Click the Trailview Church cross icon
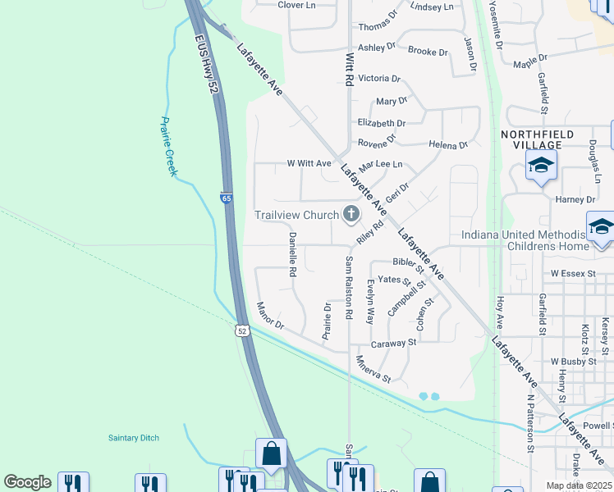click(x=351, y=215)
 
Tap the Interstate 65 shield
click(x=226, y=198)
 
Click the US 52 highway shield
click(x=240, y=330)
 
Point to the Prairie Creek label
click(x=168, y=146)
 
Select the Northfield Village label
click(x=538, y=139)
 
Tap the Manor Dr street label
click(x=269, y=317)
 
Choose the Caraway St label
click(x=394, y=344)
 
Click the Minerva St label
click(x=373, y=369)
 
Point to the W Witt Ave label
click(x=308, y=163)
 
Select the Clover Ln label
click(x=296, y=5)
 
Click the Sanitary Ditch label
click(x=134, y=438)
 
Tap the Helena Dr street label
click(x=448, y=145)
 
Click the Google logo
click(x=27, y=482)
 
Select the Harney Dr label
click(x=575, y=199)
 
